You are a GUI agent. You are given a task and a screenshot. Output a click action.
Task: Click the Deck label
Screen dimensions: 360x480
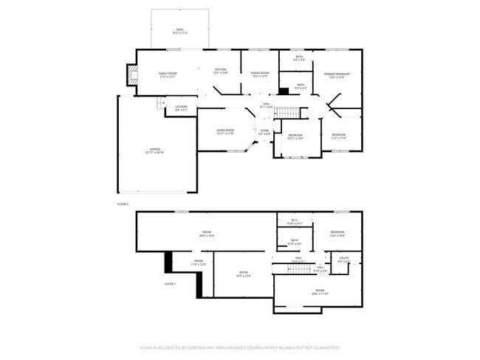[x=179, y=31]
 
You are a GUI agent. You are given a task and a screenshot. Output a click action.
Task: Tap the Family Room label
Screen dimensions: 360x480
[x=168, y=74]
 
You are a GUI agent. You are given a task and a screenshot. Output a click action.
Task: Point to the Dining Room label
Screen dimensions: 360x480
[x=259, y=74]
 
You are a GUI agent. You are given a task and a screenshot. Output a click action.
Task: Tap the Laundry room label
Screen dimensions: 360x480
[x=181, y=108]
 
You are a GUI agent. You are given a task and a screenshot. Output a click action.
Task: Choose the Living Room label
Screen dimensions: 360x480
[x=224, y=131]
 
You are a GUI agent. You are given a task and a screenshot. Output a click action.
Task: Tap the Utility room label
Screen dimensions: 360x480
[x=343, y=260]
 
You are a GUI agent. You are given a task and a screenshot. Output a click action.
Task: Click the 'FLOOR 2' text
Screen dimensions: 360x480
[x=123, y=204]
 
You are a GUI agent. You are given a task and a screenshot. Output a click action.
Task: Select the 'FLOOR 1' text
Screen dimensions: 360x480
[x=170, y=283]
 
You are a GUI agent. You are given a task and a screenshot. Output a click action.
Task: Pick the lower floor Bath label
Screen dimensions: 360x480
[x=294, y=241]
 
